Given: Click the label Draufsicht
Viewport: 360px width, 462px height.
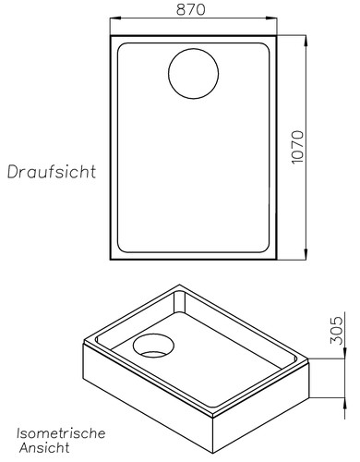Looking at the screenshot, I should (52, 172).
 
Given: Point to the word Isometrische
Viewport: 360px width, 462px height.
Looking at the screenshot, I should (61, 432).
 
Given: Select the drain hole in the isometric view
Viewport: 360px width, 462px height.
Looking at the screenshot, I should (152, 346).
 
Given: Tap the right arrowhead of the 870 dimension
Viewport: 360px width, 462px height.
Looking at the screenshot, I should (274, 18).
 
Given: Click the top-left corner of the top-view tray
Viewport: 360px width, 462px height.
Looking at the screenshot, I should (111, 37).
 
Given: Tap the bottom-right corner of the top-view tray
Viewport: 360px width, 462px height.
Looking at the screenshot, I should (278, 260).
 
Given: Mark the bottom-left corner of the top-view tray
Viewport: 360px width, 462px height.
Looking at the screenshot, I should (111, 260).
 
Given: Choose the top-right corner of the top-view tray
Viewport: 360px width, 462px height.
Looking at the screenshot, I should (278, 37).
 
